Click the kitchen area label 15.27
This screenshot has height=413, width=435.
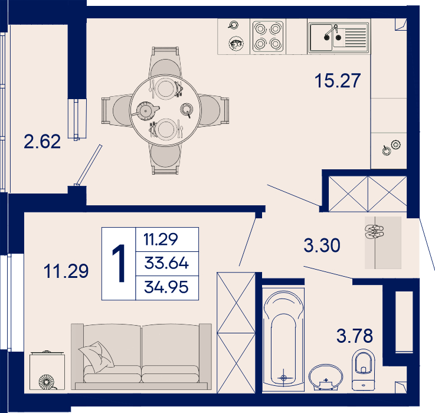[338, 80]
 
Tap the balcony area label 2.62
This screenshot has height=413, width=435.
[42, 142]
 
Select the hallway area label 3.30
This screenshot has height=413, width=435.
[322, 245]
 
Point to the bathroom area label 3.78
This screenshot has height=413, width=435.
[355, 336]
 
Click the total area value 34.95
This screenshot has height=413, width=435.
[166, 287]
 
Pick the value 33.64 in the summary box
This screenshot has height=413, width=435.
[166, 263]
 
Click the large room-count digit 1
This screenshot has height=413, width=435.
[119, 264]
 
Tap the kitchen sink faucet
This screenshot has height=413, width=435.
[332, 32]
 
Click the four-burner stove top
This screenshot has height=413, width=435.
[268, 37]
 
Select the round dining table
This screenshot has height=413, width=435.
[165, 110]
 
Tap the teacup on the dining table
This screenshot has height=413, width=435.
[187, 110]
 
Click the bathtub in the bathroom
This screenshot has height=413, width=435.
[283, 340]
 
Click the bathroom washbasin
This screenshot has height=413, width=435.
[326, 377]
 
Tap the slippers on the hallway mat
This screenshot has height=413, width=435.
[374, 232]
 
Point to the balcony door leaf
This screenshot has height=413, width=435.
[88, 165]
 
